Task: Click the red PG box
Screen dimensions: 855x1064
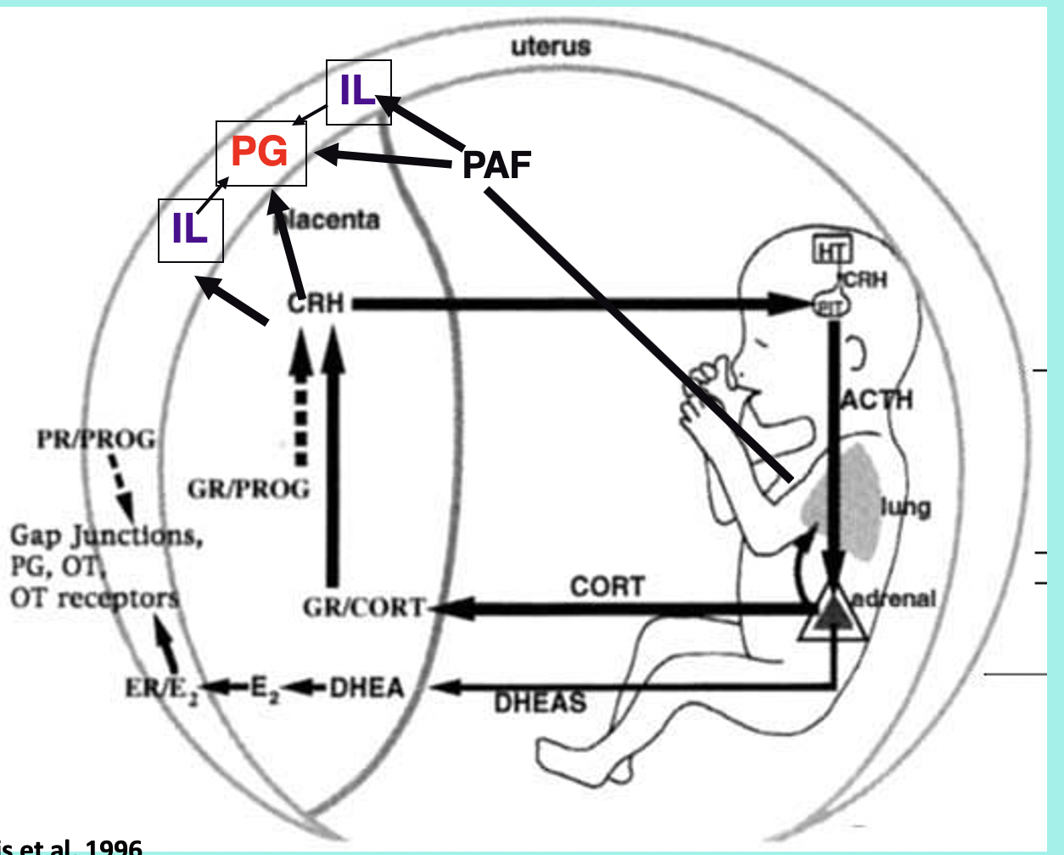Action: [x=260, y=153]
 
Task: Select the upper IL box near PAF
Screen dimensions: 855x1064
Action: [x=358, y=92]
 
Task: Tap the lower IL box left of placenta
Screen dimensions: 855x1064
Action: [x=190, y=229]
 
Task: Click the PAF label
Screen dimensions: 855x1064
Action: [x=496, y=165]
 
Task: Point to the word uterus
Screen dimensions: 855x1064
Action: [x=551, y=47]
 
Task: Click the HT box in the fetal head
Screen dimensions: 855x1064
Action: [x=832, y=250]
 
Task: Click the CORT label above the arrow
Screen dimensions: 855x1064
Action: [x=608, y=586]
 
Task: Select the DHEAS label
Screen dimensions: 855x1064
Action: [x=540, y=702]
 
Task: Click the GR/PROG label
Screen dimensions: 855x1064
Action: [x=249, y=489]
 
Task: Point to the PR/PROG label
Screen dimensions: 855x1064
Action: [x=96, y=439]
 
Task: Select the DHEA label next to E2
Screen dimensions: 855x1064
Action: [x=367, y=687]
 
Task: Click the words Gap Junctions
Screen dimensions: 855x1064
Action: [x=106, y=536]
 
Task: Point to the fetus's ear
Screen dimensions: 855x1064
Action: [x=854, y=355]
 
